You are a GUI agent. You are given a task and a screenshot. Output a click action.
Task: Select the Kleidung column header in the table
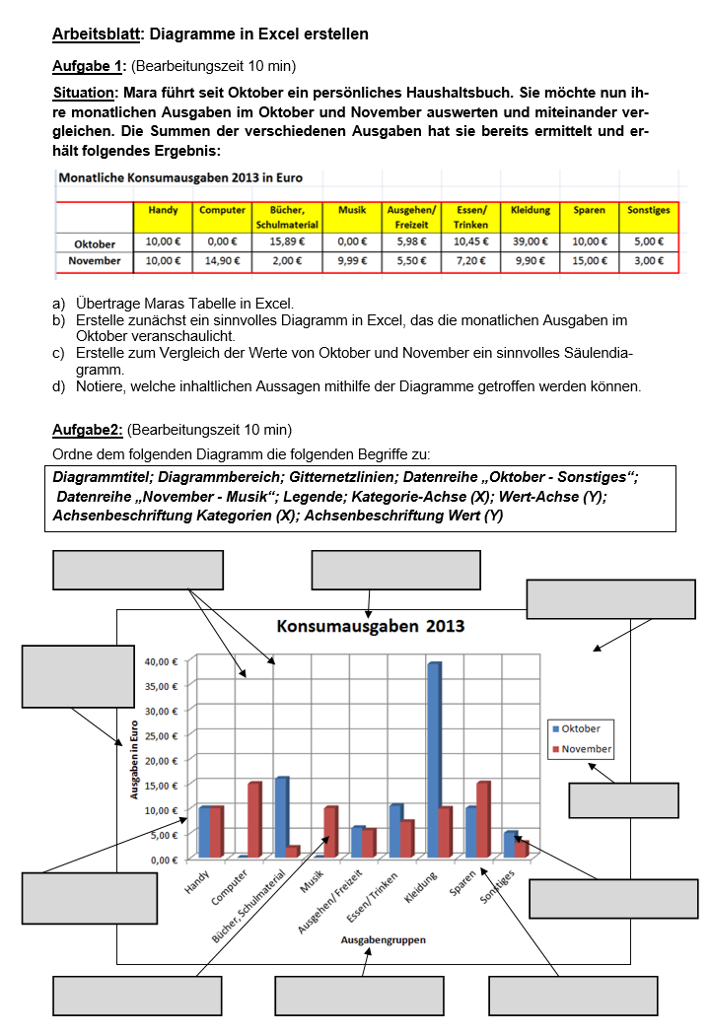click(x=531, y=211)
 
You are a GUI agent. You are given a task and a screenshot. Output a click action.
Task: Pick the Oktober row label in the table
click(x=95, y=242)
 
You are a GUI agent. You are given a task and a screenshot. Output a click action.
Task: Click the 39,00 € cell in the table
click(x=531, y=241)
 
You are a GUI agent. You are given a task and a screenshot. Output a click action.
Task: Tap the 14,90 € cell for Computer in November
click(x=223, y=261)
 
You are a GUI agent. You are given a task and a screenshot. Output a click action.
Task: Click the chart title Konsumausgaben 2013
click(x=370, y=626)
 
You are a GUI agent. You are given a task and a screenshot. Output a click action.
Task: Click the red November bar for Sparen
click(x=482, y=819)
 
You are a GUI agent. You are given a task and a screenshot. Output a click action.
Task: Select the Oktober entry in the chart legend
click(x=581, y=728)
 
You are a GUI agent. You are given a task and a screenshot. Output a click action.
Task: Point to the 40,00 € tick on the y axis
click(x=161, y=660)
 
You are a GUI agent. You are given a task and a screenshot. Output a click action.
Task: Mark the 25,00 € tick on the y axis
click(x=161, y=735)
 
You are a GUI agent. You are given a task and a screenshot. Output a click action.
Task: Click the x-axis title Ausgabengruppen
click(x=384, y=940)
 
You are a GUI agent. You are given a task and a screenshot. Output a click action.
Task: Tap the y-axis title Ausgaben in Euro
click(x=135, y=758)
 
